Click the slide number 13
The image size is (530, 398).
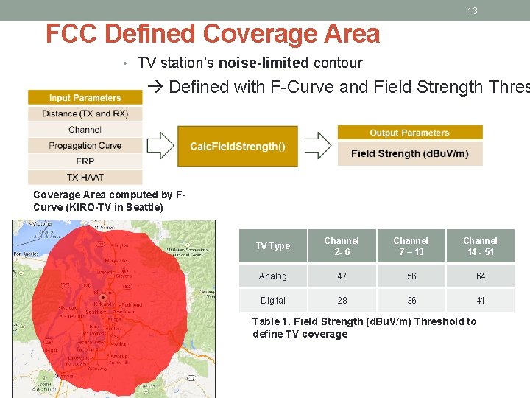click(x=473, y=10)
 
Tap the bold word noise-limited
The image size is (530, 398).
click(x=264, y=63)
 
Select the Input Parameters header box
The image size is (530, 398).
click(x=85, y=97)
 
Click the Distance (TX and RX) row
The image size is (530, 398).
click(x=85, y=114)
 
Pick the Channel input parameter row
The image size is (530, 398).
click(x=85, y=130)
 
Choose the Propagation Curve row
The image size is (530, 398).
click(x=85, y=146)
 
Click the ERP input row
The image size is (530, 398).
click(x=85, y=161)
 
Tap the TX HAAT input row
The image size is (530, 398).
click(x=85, y=178)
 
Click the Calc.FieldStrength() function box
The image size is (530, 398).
click(x=237, y=146)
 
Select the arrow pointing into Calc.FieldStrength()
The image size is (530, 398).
click(x=160, y=146)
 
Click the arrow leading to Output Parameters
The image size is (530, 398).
click(x=317, y=146)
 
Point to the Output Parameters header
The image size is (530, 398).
click(x=409, y=133)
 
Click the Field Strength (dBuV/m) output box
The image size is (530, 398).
click(x=409, y=153)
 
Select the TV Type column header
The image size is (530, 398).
click(x=272, y=246)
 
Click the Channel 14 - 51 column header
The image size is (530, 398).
click(x=480, y=246)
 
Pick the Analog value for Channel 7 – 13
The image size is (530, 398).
click(x=411, y=276)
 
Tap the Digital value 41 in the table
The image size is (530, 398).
click(x=480, y=301)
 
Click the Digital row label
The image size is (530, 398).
click(x=272, y=301)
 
